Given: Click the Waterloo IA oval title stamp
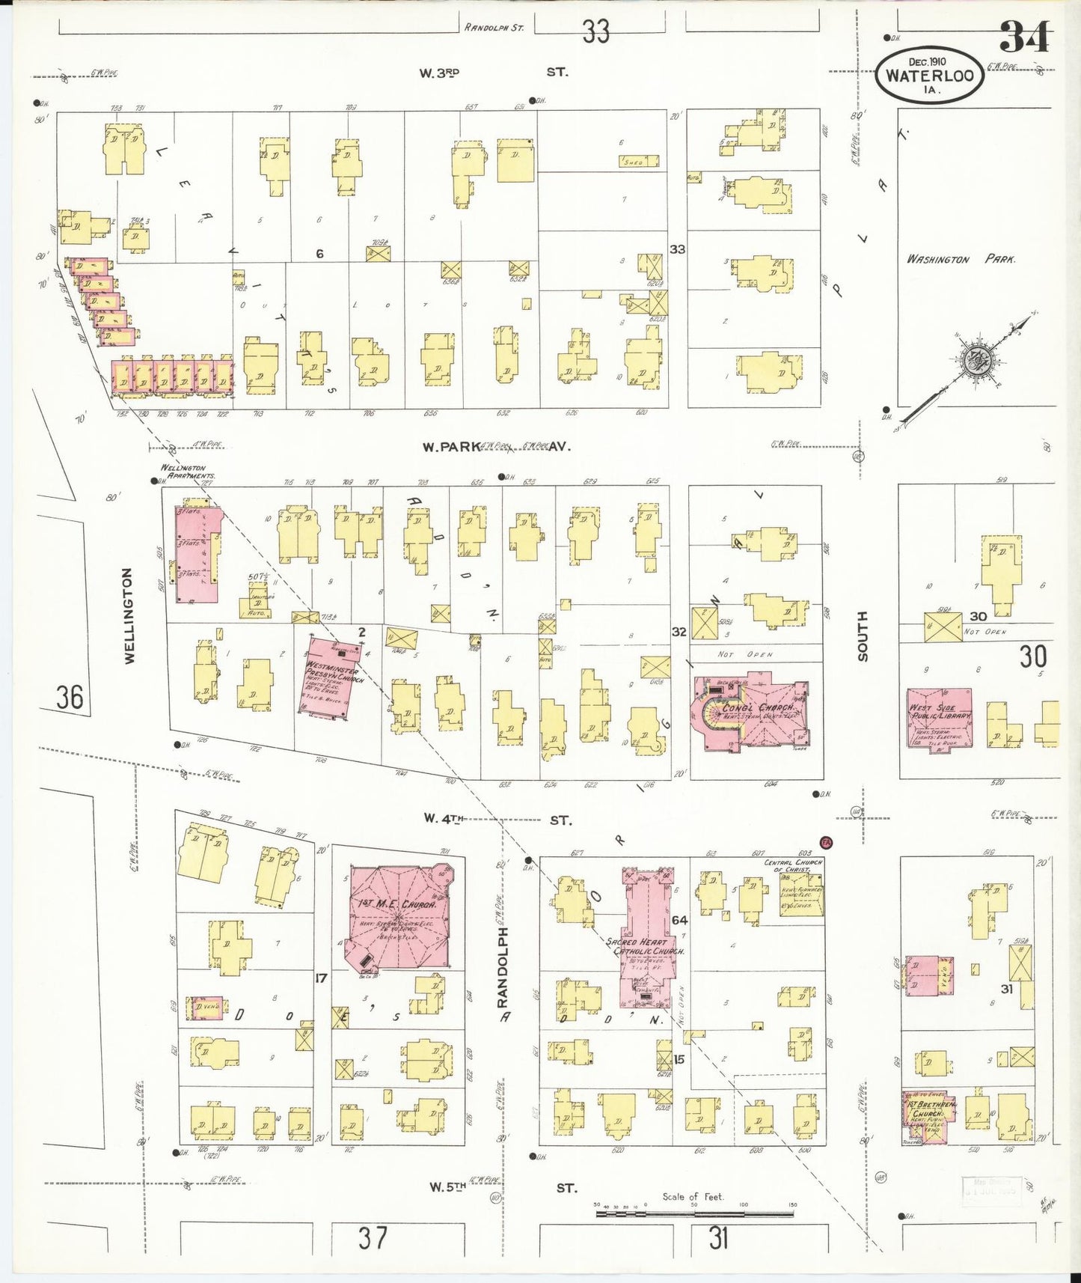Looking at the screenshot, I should pos(930,76).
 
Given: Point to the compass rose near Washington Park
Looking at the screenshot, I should pos(975,361).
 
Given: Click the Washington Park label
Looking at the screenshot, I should pos(960,259).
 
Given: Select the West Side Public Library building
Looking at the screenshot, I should pos(940,719).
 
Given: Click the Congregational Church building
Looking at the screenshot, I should pos(752,712).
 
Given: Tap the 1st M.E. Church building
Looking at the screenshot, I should pos(397,917).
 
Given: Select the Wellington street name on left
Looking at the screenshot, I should pos(129,615).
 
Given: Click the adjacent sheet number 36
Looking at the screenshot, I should pos(70,697).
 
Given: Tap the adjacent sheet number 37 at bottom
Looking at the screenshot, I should pos(373,1237).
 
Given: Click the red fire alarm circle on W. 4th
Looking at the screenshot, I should pos(827,841).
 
